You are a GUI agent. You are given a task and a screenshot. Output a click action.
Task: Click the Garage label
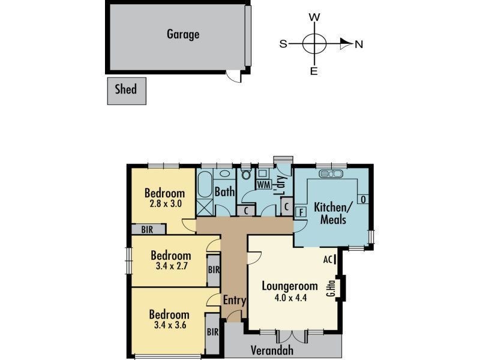coord(183,34)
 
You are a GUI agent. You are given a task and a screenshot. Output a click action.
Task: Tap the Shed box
coord(126,90)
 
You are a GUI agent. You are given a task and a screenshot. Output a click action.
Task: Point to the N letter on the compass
coord(359,44)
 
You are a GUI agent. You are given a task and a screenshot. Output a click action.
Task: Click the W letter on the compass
coord(313,17)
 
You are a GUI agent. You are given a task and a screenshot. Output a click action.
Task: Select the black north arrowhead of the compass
coord(345,43)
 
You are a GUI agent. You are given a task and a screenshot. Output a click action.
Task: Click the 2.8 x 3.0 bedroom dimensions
coord(164,203)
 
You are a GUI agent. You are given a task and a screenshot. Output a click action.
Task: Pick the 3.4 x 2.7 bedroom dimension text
coord(170,266)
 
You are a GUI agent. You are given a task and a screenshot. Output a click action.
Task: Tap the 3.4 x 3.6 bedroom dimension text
coord(169,325)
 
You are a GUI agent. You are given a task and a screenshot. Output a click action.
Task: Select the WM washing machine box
coord(263,184)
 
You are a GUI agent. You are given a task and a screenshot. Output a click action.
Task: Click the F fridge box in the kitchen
coord(301,211)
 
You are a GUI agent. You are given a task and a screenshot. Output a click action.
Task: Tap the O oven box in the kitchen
coord(362,199)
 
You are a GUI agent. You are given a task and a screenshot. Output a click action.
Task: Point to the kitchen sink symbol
coord(331,174)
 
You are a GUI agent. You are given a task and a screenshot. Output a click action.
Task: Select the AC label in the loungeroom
coord(328,259)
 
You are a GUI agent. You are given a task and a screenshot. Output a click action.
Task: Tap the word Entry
coord(234,300)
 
